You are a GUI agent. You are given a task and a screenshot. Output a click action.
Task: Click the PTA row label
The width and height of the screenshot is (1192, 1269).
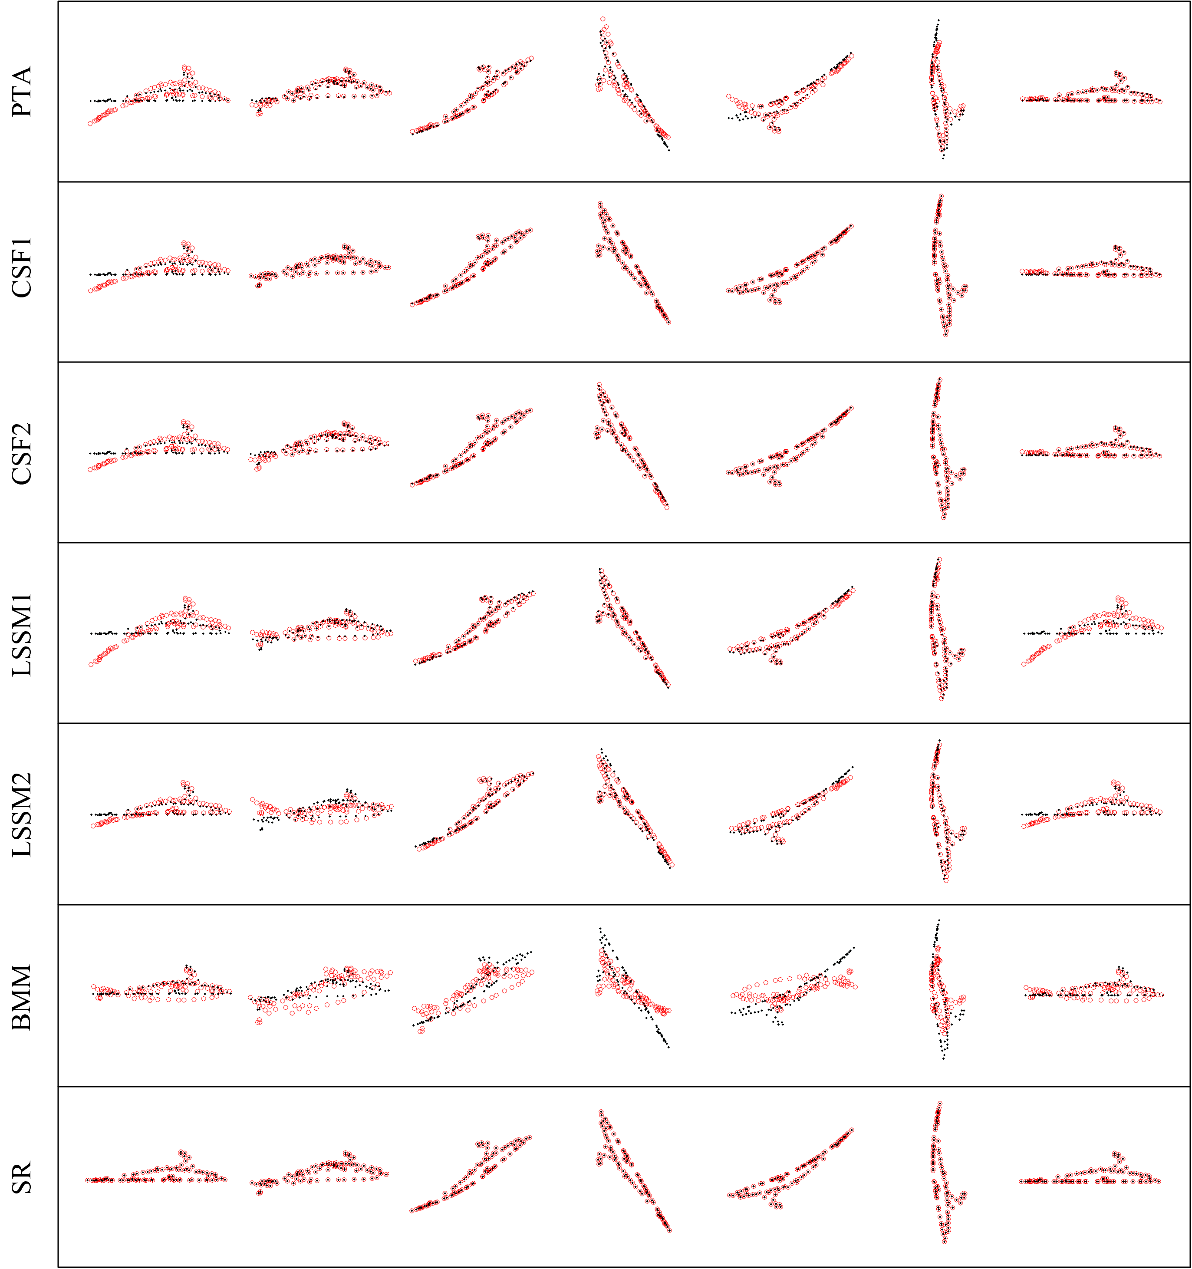(x=22, y=91)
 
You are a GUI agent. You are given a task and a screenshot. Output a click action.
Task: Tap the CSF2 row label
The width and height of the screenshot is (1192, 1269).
(x=22, y=453)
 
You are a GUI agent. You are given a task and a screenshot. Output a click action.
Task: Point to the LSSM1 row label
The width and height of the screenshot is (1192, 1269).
(x=22, y=633)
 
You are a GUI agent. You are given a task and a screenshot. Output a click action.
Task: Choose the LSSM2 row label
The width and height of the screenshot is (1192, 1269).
(x=22, y=814)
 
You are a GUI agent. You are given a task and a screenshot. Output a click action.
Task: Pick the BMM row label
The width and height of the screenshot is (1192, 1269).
(x=22, y=997)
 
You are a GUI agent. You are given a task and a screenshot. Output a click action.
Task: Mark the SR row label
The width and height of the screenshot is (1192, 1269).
(x=22, y=1178)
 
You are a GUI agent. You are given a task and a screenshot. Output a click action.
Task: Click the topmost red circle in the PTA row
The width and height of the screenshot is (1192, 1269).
(x=603, y=19)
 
